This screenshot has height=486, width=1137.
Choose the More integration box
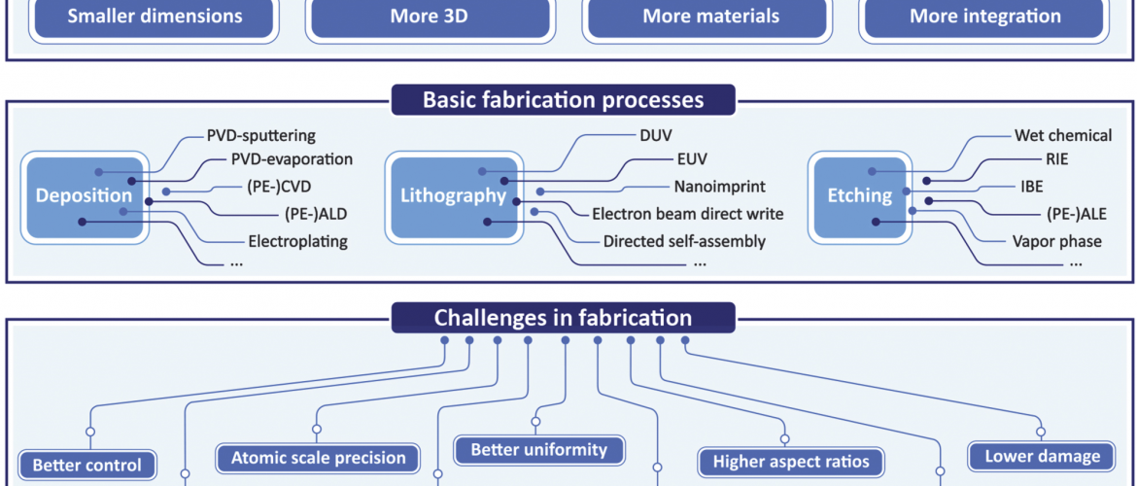984,17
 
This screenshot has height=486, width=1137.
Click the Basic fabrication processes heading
563,100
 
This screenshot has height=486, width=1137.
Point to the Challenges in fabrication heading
563,318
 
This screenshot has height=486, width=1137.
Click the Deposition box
85,195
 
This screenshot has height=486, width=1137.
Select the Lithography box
453,195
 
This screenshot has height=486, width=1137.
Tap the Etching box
860,195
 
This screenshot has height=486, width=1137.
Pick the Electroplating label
298,242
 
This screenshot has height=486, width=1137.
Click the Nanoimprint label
719,188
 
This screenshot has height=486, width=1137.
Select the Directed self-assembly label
684,242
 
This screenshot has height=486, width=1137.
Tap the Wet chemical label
1062,136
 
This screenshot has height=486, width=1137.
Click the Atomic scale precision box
319,459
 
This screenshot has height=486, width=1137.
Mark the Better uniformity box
538,450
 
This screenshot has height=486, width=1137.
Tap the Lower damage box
1042,457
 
